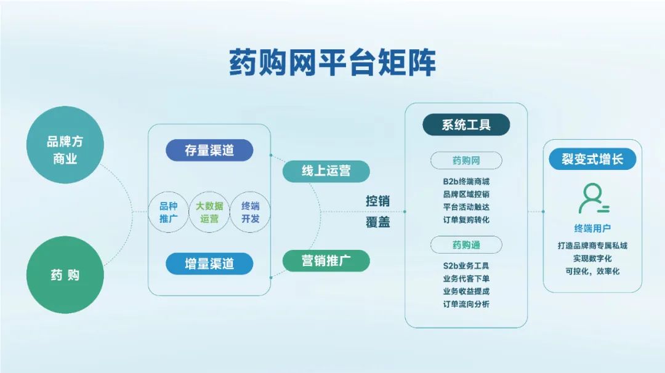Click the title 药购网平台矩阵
332,62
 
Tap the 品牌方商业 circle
65,145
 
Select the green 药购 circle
65,275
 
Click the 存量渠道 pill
209,150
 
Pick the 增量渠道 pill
209,263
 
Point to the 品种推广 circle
168,212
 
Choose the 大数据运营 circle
209,212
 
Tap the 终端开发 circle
250,212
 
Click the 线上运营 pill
326,171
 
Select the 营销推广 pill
326,261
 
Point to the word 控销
377,201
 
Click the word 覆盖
377,222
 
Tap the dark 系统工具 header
466,124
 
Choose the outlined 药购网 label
466,161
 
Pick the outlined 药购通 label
466,245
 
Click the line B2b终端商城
466,182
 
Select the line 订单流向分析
466,304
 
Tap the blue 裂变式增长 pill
592,159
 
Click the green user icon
594,198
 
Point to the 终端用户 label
592,228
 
